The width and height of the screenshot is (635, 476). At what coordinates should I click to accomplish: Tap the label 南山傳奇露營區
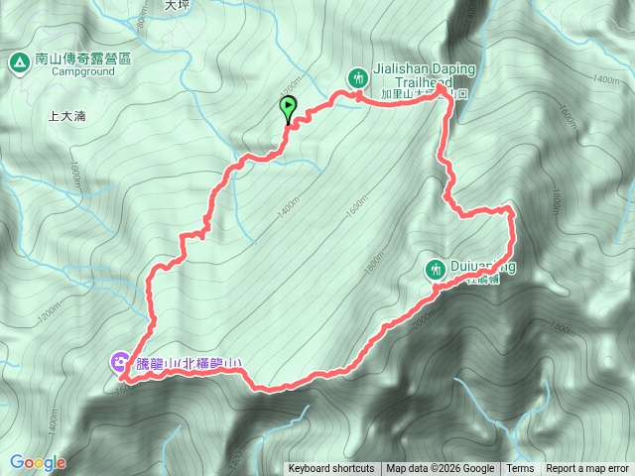tap(82, 59)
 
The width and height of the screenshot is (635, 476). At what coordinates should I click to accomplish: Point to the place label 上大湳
tap(66, 116)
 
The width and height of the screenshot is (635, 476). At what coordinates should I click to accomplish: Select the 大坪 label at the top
tap(176, 5)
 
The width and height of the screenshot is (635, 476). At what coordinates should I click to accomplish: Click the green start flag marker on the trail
tap(289, 107)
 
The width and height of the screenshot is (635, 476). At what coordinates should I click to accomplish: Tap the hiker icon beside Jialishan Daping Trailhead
tap(358, 76)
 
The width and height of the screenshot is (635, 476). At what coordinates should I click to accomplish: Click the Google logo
tap(38, 462)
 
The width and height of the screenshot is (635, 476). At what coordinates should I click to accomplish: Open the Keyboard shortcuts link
tap(331, 469)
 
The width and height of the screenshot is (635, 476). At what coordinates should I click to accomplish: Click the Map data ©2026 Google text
tap(440, 469)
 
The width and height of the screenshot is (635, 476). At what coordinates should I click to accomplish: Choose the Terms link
tap(520, 469)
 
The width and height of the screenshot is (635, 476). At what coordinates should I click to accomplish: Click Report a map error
tap(587, 469)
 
